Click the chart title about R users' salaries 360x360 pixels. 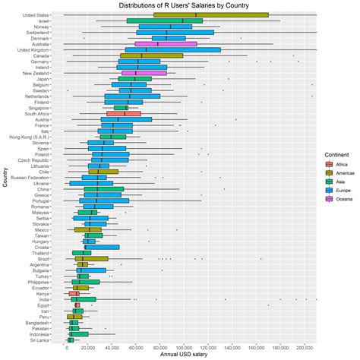179,5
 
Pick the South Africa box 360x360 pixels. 124,114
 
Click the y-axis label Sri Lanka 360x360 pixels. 39,341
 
